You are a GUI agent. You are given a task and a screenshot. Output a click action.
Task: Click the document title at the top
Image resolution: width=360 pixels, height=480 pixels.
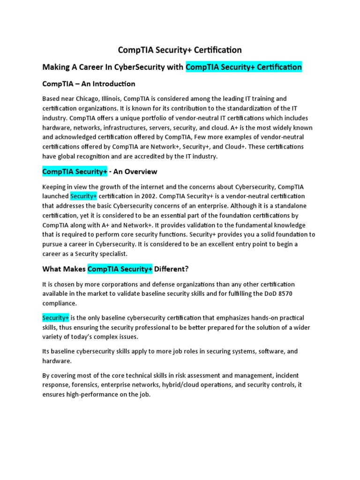pos(180,50)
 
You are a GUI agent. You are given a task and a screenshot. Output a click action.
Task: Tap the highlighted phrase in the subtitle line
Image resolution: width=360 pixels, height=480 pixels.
pos(244,67)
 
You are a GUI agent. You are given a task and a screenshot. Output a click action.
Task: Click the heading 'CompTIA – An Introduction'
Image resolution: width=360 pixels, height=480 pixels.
pos(89,84)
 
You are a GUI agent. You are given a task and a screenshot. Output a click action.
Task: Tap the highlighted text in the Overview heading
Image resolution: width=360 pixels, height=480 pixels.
pos(75,172)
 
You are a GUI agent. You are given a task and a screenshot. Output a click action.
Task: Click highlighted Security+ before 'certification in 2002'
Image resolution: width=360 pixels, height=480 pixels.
pos(83,196)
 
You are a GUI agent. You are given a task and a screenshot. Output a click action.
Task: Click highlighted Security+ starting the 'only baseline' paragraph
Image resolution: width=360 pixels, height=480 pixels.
pos(55,318)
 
